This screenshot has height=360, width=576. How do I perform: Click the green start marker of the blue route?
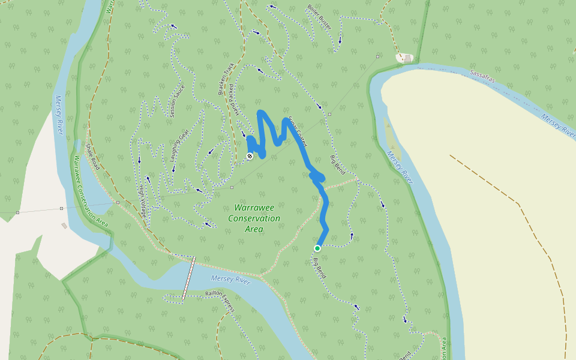[317, 248]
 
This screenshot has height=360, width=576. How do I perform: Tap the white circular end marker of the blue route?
[250, 156]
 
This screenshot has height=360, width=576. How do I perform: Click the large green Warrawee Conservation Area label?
[254, 218]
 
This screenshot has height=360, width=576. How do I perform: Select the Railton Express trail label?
[219, 300]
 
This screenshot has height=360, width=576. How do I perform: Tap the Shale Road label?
[92, 156]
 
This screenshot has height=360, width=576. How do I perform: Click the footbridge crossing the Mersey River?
[189, 278]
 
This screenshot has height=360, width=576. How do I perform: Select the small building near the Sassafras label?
[408, 58]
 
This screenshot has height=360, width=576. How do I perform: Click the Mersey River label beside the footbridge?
[230, 279]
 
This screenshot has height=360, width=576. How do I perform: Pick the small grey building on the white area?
[64, 226]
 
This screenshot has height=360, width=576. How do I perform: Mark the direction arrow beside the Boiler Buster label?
[340, 40]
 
